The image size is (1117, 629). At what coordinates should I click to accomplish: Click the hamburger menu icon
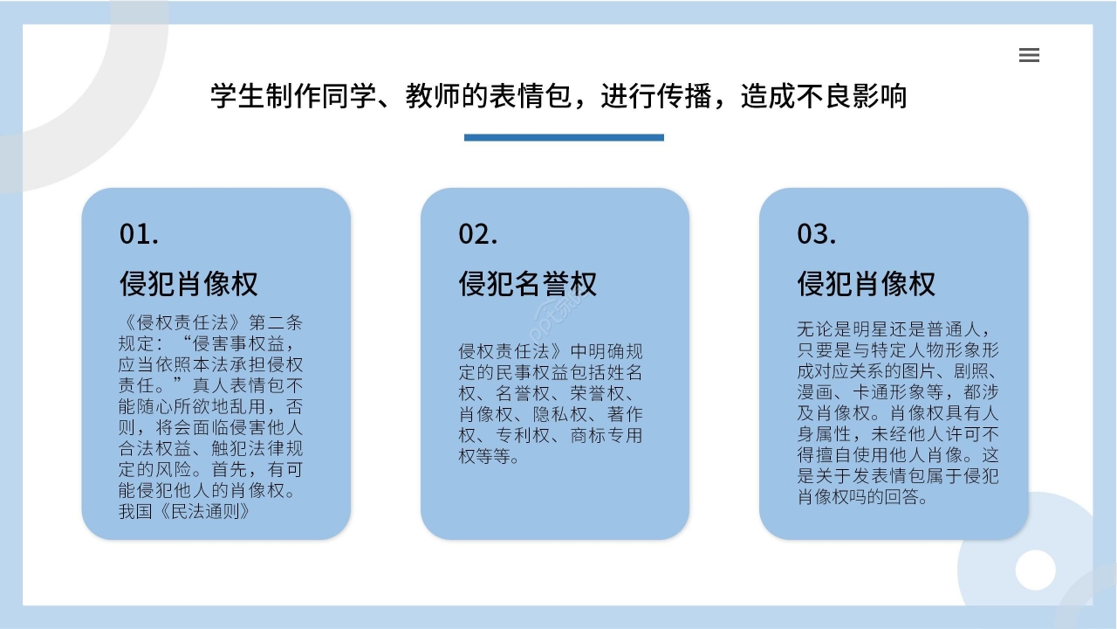coord(1029,55)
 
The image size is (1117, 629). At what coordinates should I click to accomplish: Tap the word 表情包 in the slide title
coord(538,96)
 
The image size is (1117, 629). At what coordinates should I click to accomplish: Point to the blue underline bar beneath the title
coord(564,137)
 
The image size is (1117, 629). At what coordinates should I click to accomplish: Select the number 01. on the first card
coord(140,233)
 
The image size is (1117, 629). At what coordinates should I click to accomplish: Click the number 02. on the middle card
coord(478,233)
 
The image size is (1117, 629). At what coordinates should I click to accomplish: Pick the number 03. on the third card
coord(817,233)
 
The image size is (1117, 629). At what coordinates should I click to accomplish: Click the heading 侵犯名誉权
coord(528,284)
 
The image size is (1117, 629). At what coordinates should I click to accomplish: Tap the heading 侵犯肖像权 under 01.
coord(188,284)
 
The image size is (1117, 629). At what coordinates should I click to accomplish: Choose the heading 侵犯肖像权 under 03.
coord(866,284)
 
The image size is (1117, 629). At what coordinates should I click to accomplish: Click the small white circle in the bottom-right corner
coord(1036,570)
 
